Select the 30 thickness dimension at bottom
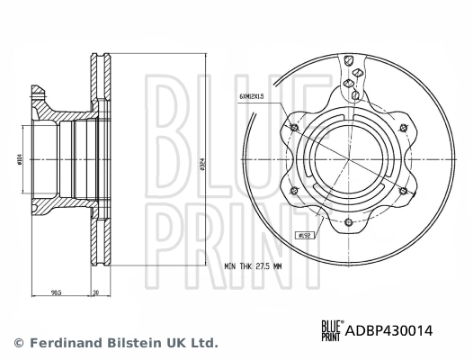[x=95, y=293]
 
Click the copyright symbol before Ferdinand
[x=16, y=343]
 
